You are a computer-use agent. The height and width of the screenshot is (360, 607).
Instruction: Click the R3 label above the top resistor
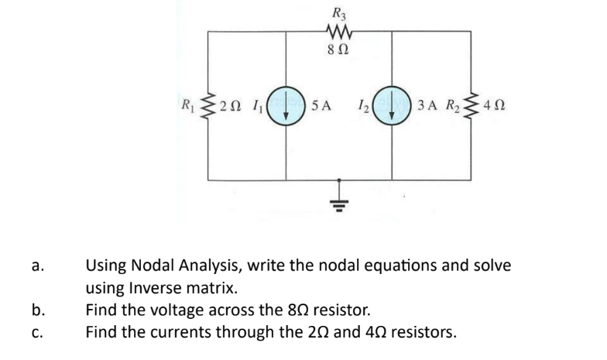point(339,12)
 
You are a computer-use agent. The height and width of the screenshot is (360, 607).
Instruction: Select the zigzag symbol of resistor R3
point(338,33)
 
